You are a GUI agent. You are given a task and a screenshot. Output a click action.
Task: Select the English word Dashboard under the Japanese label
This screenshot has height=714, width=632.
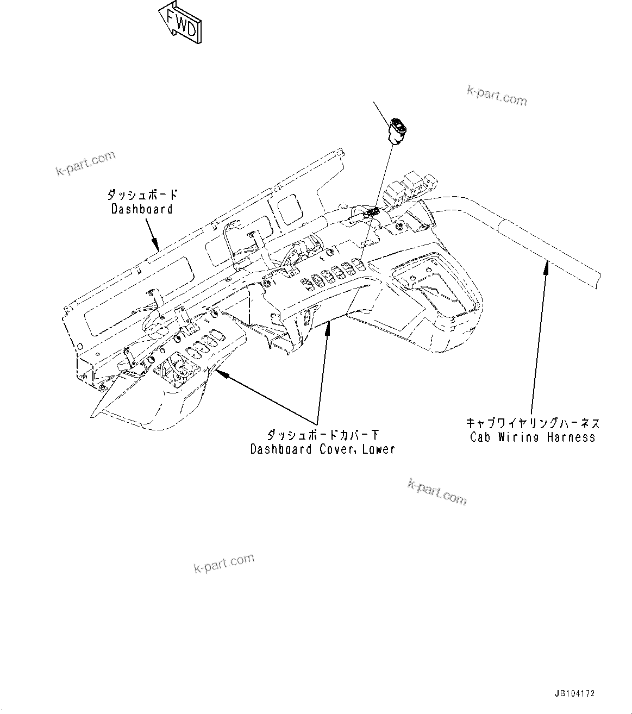coord(142,209)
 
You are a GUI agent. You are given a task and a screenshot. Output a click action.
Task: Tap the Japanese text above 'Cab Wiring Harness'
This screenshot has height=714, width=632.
coord(533,422)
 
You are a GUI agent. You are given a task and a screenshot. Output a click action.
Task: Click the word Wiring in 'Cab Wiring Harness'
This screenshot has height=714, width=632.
coord(521,437)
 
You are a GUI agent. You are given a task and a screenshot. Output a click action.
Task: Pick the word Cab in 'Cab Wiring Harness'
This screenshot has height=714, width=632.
coord(481,437)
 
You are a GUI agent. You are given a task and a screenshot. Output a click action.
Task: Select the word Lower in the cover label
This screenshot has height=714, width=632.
coord(376,449)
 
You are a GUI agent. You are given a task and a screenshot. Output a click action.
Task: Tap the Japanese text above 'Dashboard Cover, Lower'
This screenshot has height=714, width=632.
coord(323,435)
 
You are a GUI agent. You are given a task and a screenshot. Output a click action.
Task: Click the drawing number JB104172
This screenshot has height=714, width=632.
coord(575,694)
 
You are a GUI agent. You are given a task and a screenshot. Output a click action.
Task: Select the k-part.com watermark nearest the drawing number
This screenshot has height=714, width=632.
coord(437,491)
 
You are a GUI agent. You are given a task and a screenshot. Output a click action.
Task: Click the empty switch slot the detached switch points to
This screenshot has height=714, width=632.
coord(359,264)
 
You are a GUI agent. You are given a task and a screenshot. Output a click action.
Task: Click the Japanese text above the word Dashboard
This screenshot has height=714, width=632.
coord(142,195)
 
